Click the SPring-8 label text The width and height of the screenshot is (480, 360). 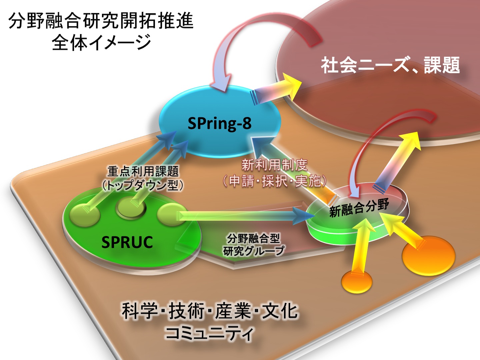point(220,123)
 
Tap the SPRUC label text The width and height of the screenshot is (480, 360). point(127,242)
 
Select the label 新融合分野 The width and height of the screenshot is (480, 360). point(359,208)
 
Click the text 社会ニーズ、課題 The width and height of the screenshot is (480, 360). point(390,65)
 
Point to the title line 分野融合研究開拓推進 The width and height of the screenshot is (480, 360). point(101,21)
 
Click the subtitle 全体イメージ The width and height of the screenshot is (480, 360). point(101,42)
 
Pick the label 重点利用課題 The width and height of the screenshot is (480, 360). point(143,171)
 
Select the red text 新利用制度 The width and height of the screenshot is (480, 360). point(274,165)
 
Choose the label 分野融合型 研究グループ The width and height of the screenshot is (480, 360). point(253,244)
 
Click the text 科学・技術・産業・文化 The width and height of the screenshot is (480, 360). point(209,311)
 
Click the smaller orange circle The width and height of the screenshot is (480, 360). point(357,282)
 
